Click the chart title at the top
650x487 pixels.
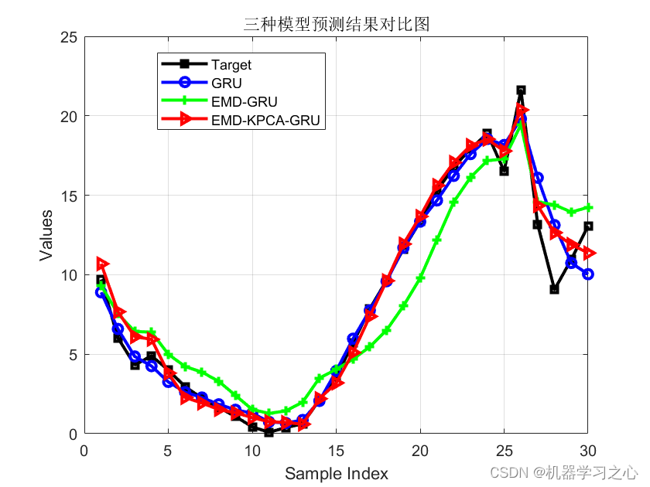point(336,24)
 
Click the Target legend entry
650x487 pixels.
point(231,65)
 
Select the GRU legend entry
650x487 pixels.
point(222,83)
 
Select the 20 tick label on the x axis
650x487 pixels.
point(420,449)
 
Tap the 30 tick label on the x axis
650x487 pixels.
point(588,449)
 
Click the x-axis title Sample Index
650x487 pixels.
point(336,473)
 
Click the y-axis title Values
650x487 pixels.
point(47,234)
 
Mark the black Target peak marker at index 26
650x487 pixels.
point(521,90)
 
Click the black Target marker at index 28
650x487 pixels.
point(554,289)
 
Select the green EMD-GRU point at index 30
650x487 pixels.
point(588,207)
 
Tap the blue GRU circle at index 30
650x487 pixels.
point(588,274)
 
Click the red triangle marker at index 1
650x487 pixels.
point(101,264)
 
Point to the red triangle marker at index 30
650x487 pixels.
point(588,253)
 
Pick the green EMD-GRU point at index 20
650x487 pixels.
point(420,278)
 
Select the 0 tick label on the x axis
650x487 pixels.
point(84,449)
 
